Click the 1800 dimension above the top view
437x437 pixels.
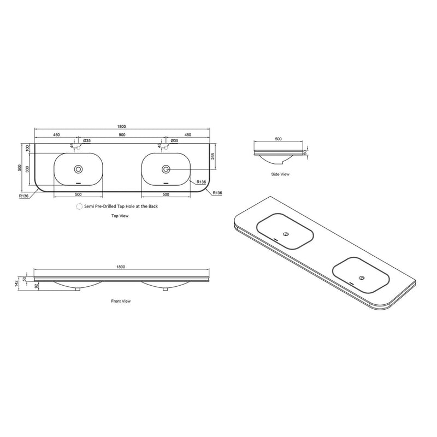121,127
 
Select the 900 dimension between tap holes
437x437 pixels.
122,135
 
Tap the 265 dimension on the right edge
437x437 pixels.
212,156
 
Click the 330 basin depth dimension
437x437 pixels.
27,169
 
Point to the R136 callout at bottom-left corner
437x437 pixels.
23,196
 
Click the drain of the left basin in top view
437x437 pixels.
78,169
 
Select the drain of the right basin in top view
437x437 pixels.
166,169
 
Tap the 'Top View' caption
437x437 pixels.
120,216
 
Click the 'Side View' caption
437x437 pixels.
280,174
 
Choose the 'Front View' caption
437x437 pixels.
121,301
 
